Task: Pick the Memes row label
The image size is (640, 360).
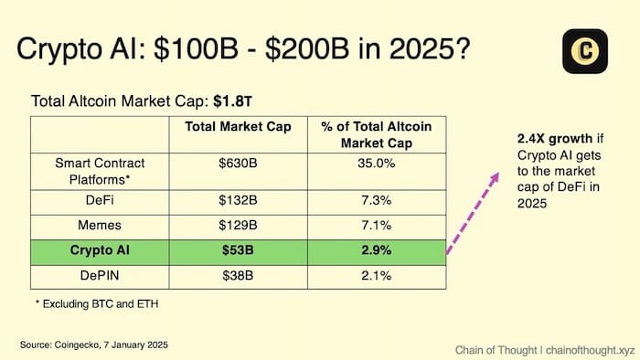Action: click(101, 225)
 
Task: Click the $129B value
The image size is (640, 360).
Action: click(238, 225)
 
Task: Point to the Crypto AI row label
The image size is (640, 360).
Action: click(101, 250)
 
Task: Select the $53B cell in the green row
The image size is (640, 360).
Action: click(238, 250)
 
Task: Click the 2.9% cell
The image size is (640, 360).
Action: click(377, 250)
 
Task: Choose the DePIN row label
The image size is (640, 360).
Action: click(101, 276)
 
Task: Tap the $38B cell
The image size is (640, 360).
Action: click(238, 276)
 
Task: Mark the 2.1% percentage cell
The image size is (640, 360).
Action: click(377, 276)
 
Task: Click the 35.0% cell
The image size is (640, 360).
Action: click(377, 164)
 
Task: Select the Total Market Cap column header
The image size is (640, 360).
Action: click(238, 127)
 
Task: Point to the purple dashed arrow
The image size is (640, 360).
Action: click(474, 212)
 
